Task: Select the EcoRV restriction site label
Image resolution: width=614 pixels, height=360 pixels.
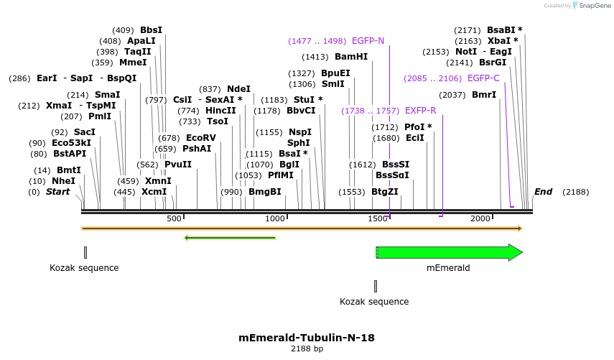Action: point(200,137)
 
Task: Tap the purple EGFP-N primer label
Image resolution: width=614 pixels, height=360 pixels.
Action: point(368,41)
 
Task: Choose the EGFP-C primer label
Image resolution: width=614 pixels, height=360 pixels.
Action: point(483,78)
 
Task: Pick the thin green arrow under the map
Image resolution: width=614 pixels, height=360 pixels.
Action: point(230,238)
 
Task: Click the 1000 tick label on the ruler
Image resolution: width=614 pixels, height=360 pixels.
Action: point(276,218)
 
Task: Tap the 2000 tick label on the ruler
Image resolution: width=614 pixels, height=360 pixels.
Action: point(480,218)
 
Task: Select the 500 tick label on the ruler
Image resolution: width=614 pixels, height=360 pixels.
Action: point(174,218)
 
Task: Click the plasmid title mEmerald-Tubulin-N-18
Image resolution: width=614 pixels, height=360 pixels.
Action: point(307,337)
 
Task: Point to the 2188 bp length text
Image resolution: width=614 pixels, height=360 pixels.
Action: point(307,349)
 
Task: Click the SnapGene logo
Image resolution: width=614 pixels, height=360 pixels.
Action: point(590,6)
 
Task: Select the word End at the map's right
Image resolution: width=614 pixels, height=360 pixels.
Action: point(543,192)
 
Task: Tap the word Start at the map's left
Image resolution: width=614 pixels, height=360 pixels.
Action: point(58,192)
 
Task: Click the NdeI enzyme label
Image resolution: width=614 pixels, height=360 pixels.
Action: point(238,89)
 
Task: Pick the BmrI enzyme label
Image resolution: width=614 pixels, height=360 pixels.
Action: point(483,95)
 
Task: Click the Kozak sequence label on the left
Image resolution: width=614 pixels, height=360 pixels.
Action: point(84,268)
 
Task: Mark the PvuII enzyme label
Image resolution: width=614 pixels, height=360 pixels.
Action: point(178,165)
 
